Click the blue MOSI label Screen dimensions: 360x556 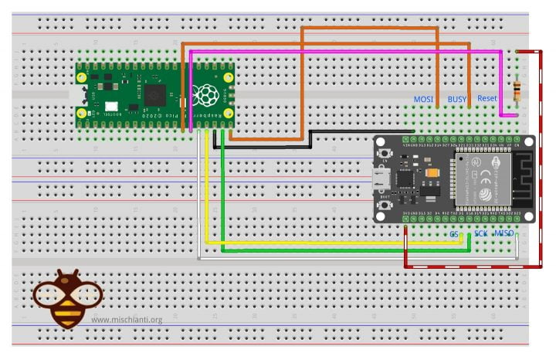(x=423, y=99)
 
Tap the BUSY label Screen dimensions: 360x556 (x=457, y=99)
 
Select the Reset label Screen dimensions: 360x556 (x=487, y=99)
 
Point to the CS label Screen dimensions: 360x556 (x=454, y=233)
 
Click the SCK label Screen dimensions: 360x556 (x=480, y=233)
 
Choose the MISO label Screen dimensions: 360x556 (x=505, y=233)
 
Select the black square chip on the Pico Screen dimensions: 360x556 (x=155, y=97)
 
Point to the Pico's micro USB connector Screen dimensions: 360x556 (x=79, y=97)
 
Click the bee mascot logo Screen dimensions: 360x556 (x=66, y=297)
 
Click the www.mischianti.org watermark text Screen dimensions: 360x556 (x=127, y=320)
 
